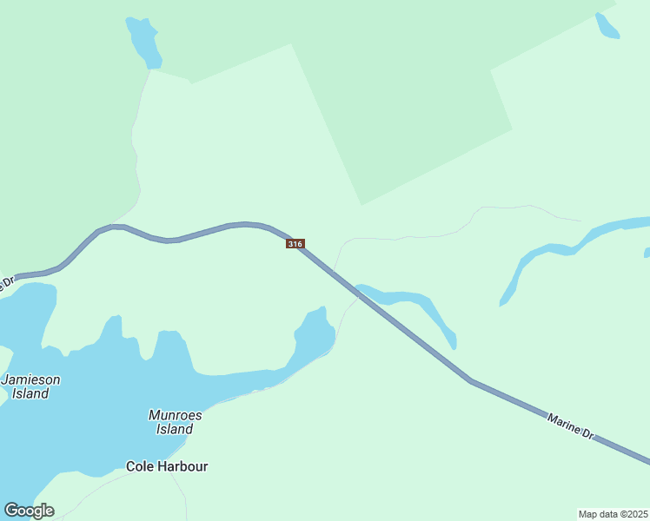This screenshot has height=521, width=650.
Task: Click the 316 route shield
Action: point(295,244)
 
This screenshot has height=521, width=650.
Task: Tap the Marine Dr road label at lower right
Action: point(570,426)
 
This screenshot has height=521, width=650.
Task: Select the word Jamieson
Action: point(31,379)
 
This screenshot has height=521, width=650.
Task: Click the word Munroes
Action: point(175,415)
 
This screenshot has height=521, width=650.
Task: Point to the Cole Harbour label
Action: point(167,466)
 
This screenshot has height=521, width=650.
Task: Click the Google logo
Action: point(29,511)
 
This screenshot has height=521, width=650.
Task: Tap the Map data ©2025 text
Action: point(613,514)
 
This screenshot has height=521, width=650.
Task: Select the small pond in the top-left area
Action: point(144,41)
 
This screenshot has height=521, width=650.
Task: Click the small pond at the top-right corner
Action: point(607,26)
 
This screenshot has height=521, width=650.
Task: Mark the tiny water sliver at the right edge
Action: point(647,253)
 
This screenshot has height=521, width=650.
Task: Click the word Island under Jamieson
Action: point(30,393)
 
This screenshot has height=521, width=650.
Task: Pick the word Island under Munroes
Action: point(175,429)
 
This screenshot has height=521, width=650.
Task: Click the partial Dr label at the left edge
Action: point(8,283)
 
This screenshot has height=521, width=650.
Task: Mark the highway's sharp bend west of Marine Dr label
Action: point(470,380)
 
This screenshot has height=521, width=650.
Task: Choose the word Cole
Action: point(140,466)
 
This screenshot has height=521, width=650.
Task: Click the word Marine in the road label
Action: point(563,424)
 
